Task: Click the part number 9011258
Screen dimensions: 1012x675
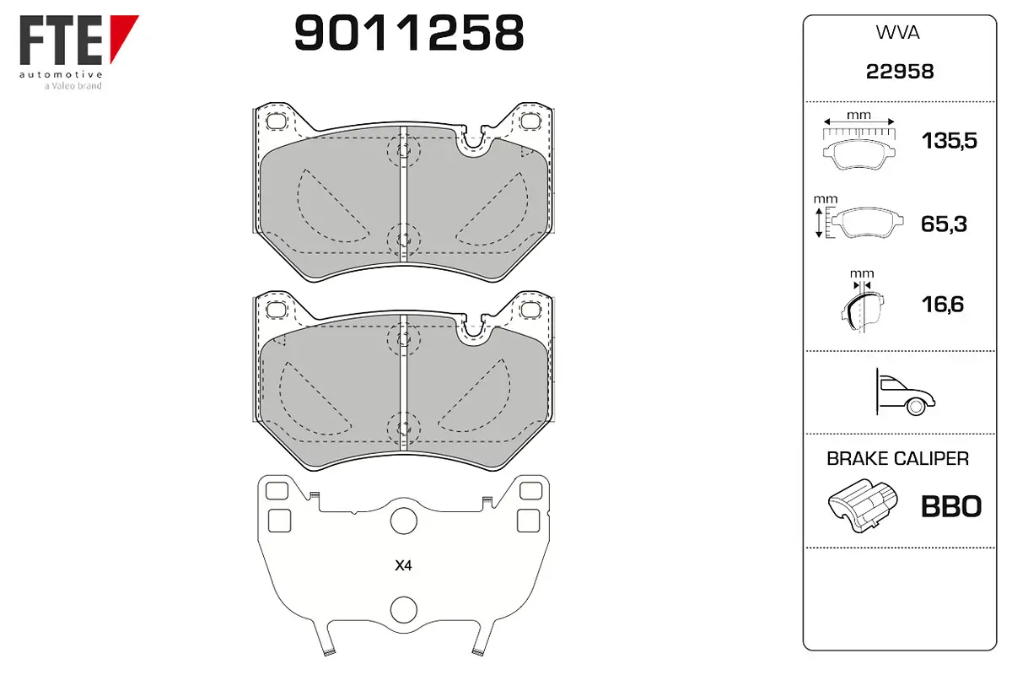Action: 409,32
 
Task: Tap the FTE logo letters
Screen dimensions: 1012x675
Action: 62,40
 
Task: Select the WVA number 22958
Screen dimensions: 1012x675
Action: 900,72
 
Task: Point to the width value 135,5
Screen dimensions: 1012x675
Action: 950,141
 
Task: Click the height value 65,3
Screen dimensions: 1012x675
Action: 944,224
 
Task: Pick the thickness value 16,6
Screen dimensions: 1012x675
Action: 943,305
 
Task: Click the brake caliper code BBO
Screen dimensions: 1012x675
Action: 951,506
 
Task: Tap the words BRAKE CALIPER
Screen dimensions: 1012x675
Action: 897,459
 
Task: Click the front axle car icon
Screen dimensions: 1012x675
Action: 905,392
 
